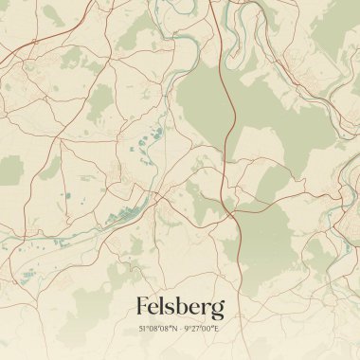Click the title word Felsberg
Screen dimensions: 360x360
180,307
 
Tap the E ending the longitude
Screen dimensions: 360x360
215,328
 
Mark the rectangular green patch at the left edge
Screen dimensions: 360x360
10,171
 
